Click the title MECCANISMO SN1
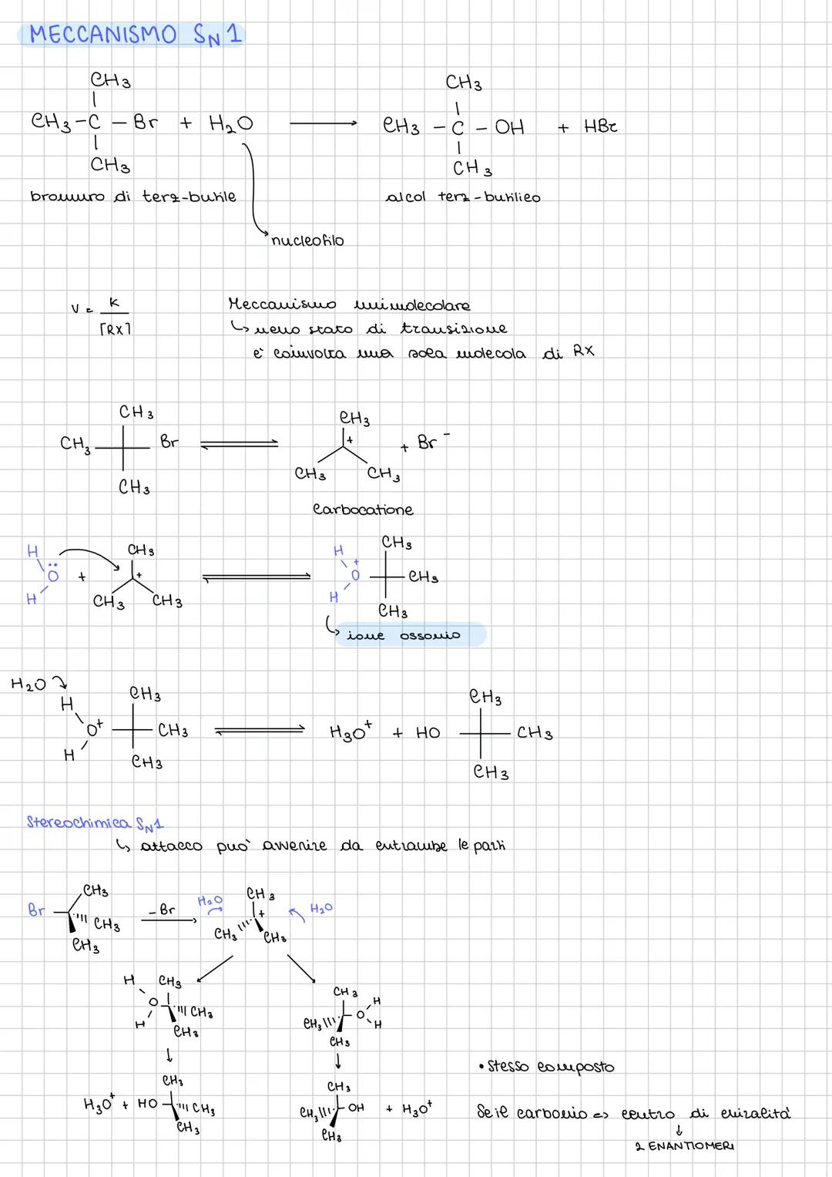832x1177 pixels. tap(135, 35)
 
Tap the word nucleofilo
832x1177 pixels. tap(307, 240)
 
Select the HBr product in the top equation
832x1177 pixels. tap(600, 126)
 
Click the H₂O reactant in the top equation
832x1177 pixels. tap(230, 123)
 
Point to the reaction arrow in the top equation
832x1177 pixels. tap(323, 123)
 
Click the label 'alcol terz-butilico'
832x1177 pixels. tap(462, 197)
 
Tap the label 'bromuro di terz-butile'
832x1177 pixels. tap(133, 197)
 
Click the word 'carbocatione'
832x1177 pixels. tap(363, 509)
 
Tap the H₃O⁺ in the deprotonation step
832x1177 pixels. tap(351, 730)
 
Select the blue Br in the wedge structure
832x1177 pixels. tap(36, 910)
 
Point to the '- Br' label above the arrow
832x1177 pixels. tap(163, 910)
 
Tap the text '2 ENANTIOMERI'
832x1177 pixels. tap(685, 1146)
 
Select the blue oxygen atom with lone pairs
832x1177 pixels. tap(53, 576)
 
